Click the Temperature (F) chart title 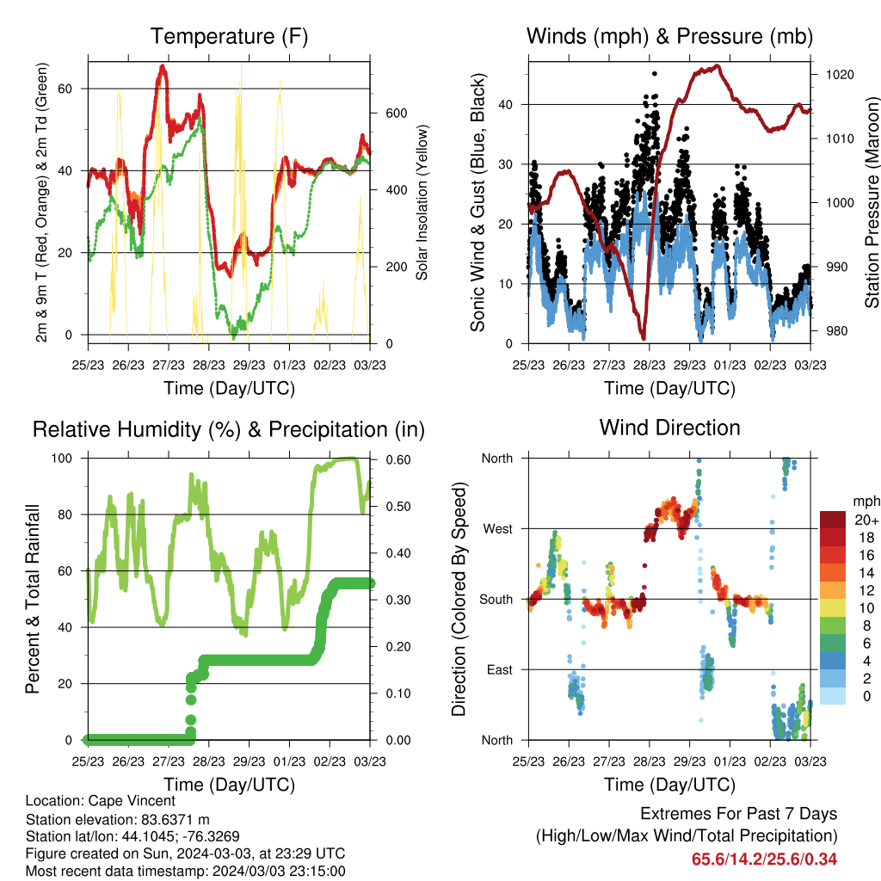tap(229, 36)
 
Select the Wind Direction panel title tap(669, 428)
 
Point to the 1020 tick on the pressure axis tap(840, 75)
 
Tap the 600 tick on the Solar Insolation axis tap(396, 114)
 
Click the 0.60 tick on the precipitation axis tap(397, 459)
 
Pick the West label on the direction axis tap(498, 529)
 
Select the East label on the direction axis tap(500, 669)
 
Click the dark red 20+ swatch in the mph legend tap(832, 520)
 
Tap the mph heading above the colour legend tap(866, 502)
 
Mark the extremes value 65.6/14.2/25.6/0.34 tap(764, 859)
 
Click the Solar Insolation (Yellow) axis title tap(422, 202)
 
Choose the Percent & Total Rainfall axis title tap(33, 599)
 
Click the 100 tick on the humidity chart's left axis tap(62, 459)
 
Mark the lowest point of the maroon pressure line tap(644, 337)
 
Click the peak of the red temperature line tap(163, 67)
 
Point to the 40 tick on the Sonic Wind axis tap(505, 104)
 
